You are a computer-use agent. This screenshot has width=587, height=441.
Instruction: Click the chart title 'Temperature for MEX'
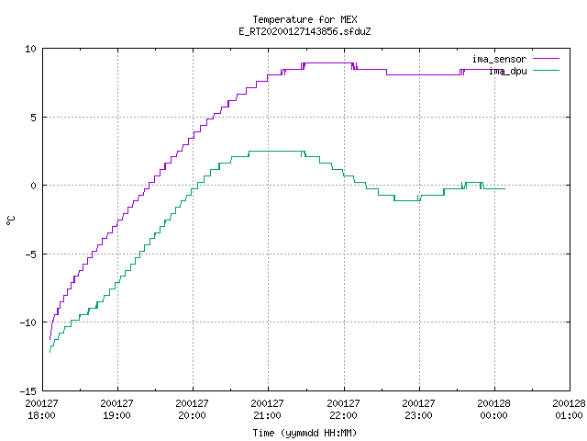pos(305,19)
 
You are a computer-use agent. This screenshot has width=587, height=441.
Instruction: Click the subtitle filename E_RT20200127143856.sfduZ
pos(305,31)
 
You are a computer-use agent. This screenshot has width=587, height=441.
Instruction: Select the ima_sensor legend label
pos(499,59)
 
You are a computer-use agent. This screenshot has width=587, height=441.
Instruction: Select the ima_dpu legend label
pos(508,72)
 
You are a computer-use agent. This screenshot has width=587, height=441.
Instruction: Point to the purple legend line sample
pos(546,59)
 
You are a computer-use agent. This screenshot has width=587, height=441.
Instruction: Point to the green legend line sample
pos(546,71)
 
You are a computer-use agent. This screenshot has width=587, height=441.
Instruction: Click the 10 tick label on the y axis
pos(30,49)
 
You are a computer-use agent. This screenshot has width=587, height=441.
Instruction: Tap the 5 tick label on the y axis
pos(34,118)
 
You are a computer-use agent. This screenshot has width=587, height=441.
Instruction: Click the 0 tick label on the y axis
pos(34,186)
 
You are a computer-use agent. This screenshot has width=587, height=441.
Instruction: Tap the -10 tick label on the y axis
pos(28,322)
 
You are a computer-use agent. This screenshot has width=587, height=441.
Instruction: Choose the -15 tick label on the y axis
pos(28,391)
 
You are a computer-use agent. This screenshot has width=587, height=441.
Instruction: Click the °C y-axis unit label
pos(10,220)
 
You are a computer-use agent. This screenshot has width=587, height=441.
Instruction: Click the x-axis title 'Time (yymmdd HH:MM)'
pos(305,434)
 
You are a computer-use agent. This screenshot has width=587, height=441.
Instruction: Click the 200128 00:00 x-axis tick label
pos(493,410)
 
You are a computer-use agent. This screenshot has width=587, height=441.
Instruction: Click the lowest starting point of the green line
pos(50,352)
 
